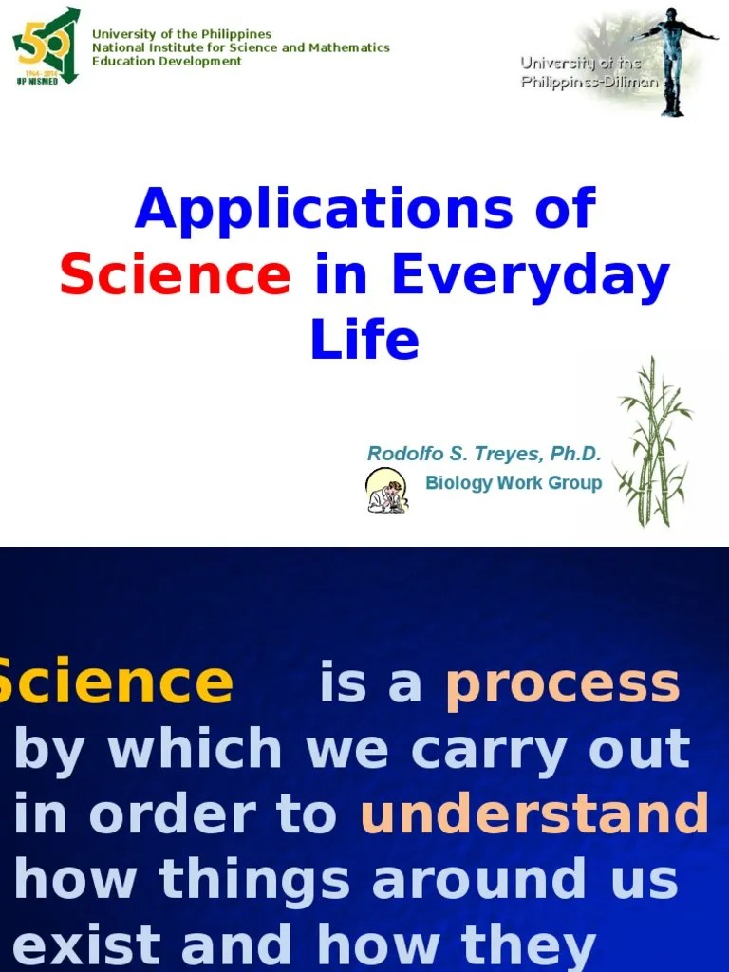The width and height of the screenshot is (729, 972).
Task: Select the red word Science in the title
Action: [x=175, y=275]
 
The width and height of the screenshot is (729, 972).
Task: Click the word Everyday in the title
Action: [x=531, y=277]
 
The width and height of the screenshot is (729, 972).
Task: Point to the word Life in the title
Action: [x=364, y=340]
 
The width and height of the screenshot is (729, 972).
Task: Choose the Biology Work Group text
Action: [x=514, y=482]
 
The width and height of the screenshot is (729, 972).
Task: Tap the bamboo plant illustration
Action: [x=654, y=441]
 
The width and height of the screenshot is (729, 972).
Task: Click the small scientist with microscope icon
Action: [x=387, y=490]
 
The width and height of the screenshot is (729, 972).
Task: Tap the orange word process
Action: [x=563, y=684]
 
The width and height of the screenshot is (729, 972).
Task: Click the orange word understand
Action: [x=534, y=814]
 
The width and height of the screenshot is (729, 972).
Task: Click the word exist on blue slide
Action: [x=84, y=944]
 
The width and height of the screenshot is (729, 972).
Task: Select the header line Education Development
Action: [x=167, y=61]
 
